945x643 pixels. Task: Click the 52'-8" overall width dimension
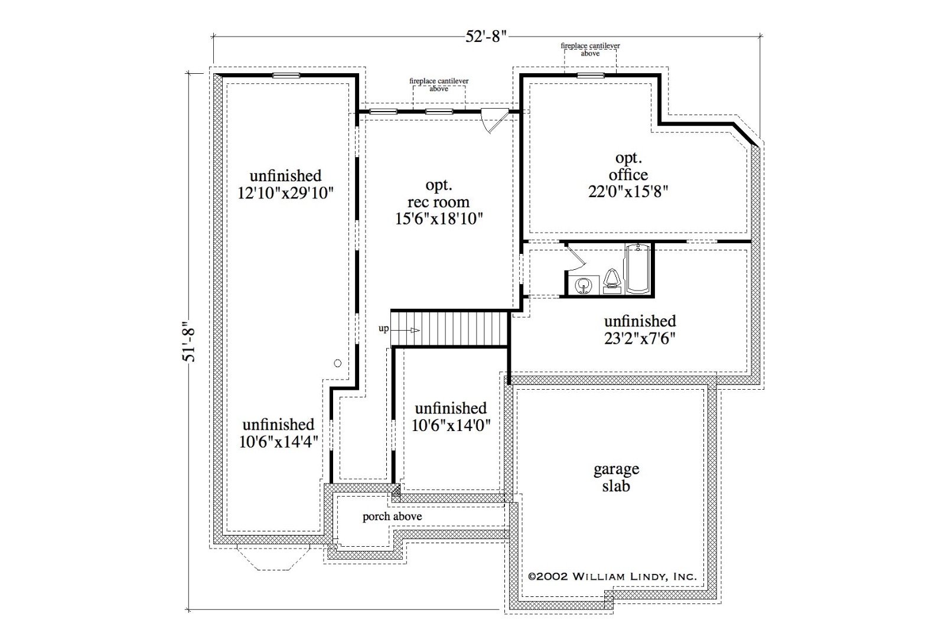485,37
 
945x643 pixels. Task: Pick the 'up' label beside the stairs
383,328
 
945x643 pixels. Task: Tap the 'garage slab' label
617,477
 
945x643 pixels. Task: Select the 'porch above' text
392,517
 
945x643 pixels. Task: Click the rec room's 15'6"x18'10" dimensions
439,219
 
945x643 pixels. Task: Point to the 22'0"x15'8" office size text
628,192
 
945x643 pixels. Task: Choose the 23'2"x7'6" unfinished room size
640,338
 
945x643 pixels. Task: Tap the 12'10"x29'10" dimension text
286,193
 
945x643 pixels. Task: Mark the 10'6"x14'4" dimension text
278,442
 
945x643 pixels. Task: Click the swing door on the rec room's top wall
496,120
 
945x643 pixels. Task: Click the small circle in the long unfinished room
337,363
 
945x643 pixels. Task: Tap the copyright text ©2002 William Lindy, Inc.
612,576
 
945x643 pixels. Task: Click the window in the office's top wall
591,76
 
